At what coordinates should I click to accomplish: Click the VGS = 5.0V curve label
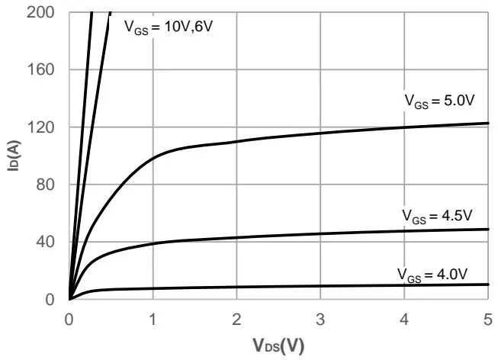[x=440, y=100]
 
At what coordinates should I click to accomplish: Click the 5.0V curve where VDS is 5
[x=487, y=123]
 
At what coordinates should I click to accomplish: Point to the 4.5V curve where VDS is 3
[x=320, y=233]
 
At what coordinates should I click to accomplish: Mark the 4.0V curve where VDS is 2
[x=236, y=287]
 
